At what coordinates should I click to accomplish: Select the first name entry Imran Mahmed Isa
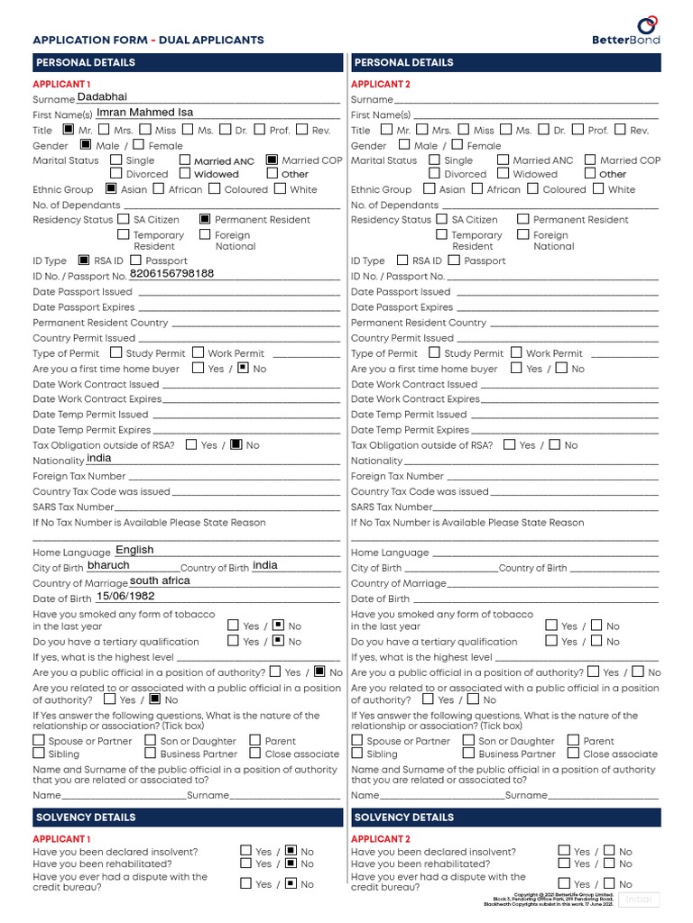[x=144, y=113]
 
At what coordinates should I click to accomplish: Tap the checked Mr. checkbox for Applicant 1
[x=69, y=130]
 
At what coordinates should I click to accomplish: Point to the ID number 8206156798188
[x=172, y=273]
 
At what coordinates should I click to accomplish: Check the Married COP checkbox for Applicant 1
[x=272, y=160]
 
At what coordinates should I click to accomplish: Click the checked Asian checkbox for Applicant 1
[x=111, y=189]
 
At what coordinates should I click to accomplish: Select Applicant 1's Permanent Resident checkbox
[x=205, y=219]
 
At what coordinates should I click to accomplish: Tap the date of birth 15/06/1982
[x=125, y=596]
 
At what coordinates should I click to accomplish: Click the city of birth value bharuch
[x=108, y=565]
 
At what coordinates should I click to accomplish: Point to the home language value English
[x=134, y=550]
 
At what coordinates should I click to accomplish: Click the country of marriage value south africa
[x=160, y=580]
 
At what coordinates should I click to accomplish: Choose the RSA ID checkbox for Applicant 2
[x=402, y=260]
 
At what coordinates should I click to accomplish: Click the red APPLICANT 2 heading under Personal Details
[x=380, y=84]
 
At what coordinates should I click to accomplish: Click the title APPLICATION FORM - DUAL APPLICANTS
[x=148, y=40]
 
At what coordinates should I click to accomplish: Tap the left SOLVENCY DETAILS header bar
[x=188, y=817]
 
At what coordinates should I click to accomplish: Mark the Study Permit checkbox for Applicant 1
[x=115, y=353]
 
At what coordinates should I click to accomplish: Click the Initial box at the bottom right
[x=638, y=900]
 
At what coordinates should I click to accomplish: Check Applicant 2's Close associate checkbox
[x=573, y=754]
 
